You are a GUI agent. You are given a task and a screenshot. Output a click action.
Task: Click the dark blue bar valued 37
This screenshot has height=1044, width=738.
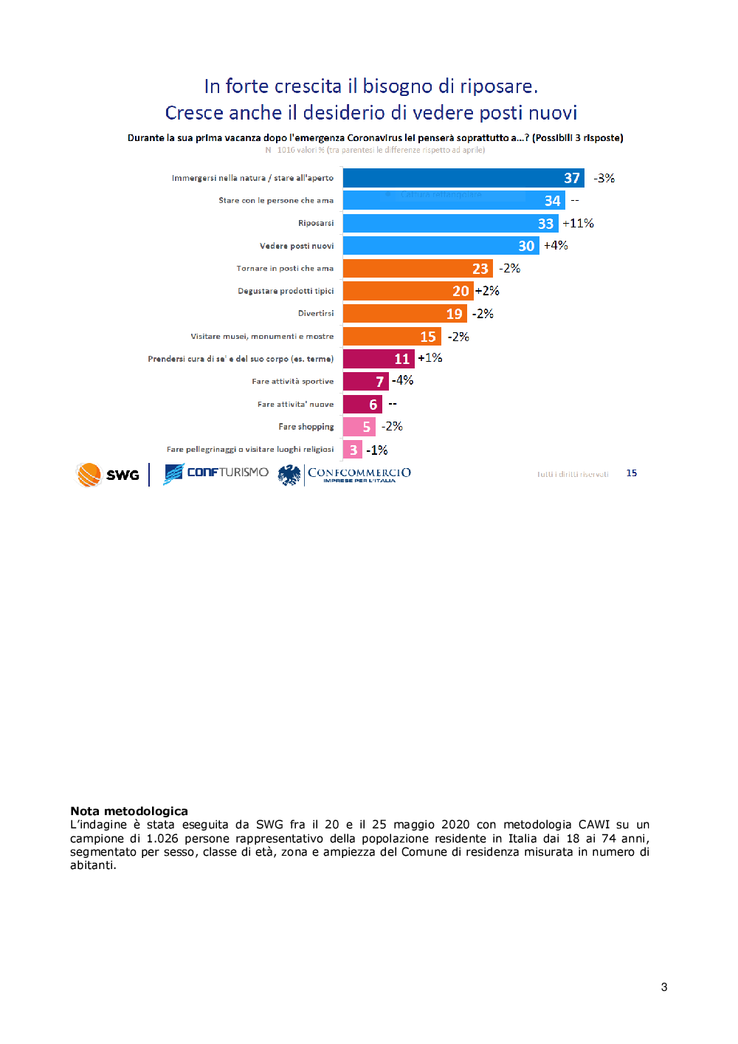point(463,178)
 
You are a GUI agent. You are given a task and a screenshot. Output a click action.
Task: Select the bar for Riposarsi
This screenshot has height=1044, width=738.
point(450,223)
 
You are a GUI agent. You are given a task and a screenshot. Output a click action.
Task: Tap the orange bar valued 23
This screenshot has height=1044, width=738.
point(417,268)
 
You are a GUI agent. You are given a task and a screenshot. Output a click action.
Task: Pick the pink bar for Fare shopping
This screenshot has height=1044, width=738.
point(359,427)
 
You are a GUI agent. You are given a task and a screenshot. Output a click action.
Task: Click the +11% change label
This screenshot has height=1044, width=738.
point(578,223)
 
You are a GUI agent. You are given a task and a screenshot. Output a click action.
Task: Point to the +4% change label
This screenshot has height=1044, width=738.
point(556,245)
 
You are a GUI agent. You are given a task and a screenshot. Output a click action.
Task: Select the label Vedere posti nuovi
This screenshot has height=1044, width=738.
point(297,246)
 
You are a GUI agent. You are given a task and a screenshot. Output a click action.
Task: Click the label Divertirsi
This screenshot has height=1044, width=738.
point(316,313)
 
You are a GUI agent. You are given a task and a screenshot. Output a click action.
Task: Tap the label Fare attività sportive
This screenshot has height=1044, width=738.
point(293,382)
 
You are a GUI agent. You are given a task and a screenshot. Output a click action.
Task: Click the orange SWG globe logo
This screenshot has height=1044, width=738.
point(89,474)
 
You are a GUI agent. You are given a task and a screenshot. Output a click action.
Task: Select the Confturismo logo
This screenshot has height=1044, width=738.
point(216,473)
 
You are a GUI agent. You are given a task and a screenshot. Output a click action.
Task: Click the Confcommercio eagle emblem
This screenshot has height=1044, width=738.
point(289,475)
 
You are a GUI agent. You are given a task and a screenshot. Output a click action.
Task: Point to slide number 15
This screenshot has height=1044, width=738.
point(632,473)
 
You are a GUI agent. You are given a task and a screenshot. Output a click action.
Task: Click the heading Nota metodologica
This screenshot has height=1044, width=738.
point(129,811)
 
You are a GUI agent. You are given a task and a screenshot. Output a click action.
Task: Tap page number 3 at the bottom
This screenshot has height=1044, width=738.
point(664,987)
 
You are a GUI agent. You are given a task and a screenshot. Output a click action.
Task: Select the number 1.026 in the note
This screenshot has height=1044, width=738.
point(162,839)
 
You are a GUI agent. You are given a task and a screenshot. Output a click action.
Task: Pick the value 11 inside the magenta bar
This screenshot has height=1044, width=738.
point(401,359)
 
